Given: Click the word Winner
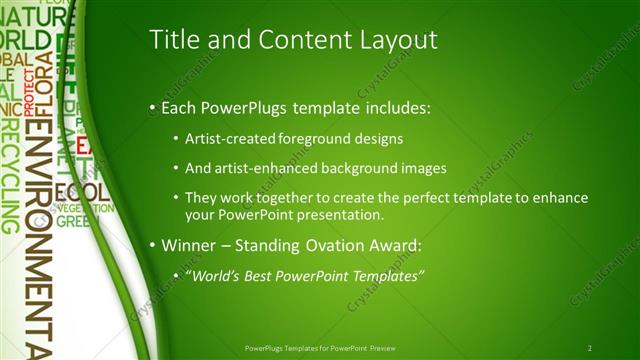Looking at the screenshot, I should (x=186, y=245).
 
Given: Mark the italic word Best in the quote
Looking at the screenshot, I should (x=263, y=275).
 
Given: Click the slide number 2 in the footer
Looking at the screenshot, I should (x=590, y=348).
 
